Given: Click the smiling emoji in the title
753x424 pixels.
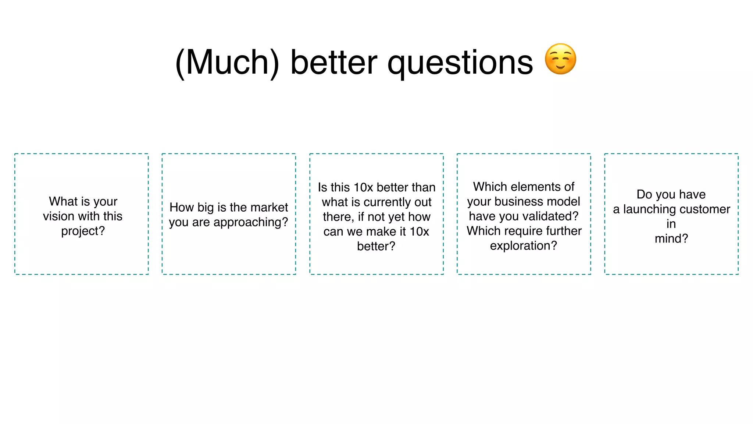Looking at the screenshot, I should (x=560, y=59).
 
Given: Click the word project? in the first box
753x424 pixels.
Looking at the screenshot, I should (x=83, y=231).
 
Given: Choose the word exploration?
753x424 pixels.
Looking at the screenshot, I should (x=524, y=246).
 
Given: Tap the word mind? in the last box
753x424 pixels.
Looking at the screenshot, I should (x=671, y=239).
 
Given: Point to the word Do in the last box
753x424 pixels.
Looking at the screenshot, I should (x=644, y=194).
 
